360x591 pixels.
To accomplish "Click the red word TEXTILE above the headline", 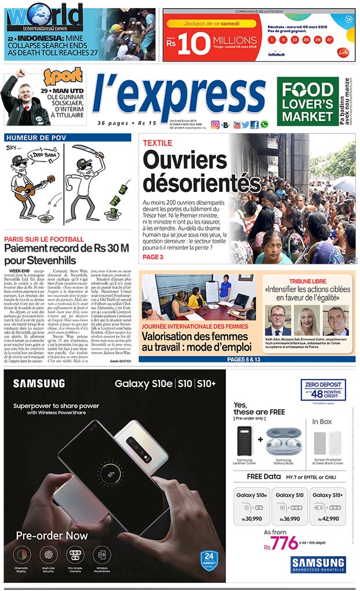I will pos(157,142).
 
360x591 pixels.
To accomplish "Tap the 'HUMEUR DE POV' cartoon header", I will pos(33,138).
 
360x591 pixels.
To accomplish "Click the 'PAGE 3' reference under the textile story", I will pos(153,257).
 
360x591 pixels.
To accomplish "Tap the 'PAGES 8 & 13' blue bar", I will pos(244,359).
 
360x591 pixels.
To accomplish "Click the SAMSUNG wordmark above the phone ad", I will pos(39,383).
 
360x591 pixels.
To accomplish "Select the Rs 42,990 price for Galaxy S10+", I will pos(329,518).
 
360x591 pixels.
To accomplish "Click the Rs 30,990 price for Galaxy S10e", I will pos(252,518).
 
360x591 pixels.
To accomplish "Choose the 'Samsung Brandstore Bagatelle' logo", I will pos(318,565).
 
